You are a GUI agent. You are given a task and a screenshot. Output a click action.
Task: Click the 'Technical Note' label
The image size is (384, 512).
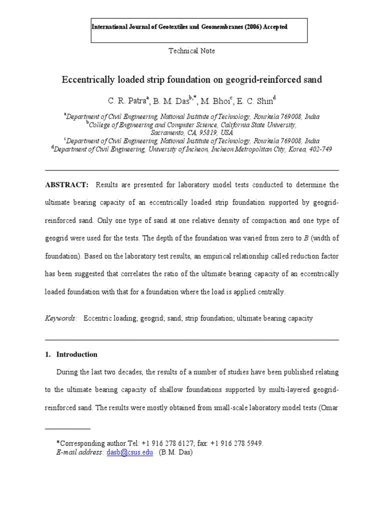(x=191, y=51)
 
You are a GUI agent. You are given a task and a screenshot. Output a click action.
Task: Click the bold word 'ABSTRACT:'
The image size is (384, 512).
(x=66, y=185)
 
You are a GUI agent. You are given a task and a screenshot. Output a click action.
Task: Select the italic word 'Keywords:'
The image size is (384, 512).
(x=61, y=318)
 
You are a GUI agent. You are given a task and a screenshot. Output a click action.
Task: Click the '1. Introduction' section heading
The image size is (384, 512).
(x=71, y=354)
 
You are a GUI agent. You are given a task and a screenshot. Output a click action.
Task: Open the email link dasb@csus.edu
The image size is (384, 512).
(x=130, y=452)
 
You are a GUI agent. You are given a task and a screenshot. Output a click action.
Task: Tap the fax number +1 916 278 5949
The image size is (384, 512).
(x=237, y=443)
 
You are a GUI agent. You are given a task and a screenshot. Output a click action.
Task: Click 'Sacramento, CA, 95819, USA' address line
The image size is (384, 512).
(x=192, y=132)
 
